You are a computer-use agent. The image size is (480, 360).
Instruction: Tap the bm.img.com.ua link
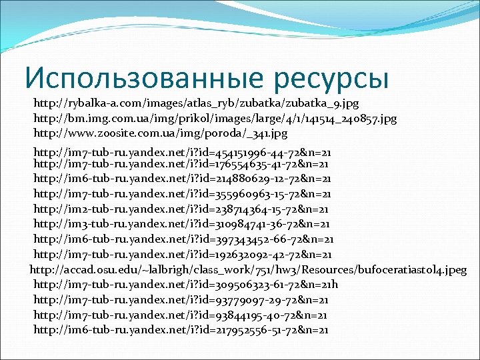(215, 118)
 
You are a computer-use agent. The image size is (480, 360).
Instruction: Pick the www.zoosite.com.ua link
(160, 133)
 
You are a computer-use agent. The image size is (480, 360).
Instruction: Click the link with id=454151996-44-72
(182, 153)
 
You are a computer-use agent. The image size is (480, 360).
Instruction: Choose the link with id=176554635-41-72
(182, 163)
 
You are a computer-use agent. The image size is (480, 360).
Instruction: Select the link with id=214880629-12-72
(182, 179)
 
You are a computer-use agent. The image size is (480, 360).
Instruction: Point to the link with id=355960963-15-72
(182, 194)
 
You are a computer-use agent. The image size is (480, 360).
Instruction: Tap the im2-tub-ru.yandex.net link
(182, 209)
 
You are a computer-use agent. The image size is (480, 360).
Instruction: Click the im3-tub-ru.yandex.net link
(182, 224)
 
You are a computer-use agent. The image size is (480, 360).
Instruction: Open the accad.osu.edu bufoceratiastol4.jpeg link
(248, 269)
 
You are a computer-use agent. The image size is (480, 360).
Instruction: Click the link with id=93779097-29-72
(180, 300)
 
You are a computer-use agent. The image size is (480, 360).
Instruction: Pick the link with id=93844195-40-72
(180, 315)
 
